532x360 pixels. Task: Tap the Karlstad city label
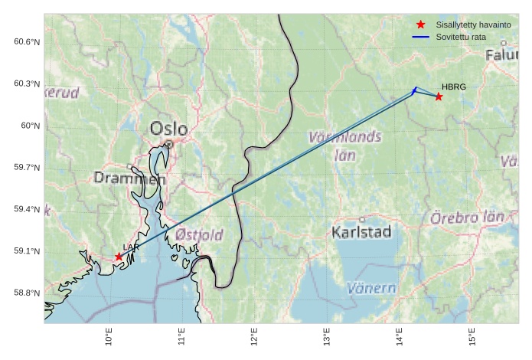pyautogui.click(x=362, y=231)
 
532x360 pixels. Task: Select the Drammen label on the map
pyautogui.click(x=129, y=178)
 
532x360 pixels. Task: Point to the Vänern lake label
pyautogui.click(x=371, y=289)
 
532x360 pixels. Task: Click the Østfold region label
pyautogui.click(x=199, y=234)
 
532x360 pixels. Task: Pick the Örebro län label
pyautogui.click(x=467, y=218)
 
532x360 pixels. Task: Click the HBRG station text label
pyautogui.click(x=454, y=87)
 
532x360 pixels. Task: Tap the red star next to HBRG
pyautogui.click(x=439, y=97)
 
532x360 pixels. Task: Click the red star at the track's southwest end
pyautogui.click(x=119, y=257)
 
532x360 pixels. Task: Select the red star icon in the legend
pyautogui.click(x=420, y=25)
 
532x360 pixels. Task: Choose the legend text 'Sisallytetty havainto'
pyautogui.click(x=475, y=25)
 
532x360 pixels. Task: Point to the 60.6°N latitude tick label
pyautogui.click(x=26, y=41)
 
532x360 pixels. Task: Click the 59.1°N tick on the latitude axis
pyautogui.click(x=26, y=251)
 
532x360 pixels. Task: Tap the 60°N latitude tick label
pyautogui.click(x=30, y=126)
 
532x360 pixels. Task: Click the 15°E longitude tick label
pyautogui.click(x=472, y=337)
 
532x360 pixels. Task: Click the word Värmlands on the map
pyautogui.click(x=344, y=138)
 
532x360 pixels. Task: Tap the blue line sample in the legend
pyautogui.click(x=420, y=37)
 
